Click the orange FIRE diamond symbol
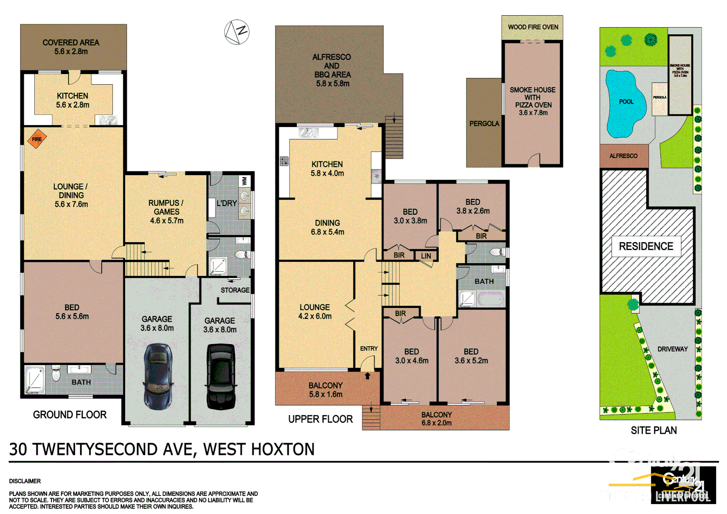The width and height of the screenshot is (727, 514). coord(37,139)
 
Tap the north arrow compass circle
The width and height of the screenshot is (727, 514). coord(237,32)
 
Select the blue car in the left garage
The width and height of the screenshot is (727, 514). coord(158,376)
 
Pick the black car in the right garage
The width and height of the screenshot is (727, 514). coord(221,376)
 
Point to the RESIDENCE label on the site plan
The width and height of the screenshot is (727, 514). coord(646,246)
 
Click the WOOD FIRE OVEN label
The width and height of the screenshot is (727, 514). coord(533,27)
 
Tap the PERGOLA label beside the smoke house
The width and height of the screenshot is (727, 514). coord(484,124)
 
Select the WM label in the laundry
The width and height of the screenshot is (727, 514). coord(245,181)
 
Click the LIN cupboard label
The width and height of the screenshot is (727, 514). coord(426,256)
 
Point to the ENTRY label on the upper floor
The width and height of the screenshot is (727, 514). coord(369,349)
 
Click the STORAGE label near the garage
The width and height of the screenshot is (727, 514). coord(235,290)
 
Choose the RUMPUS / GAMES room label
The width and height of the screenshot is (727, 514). coord(167,207)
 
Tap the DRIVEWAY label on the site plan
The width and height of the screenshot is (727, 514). coord(672,349)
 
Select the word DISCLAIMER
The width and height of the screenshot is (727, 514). coord(25,481)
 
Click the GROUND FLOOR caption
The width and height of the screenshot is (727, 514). coord(69,415)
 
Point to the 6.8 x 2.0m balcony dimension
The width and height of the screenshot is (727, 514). coord(436,423)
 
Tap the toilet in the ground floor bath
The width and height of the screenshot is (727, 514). coord(56,375)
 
